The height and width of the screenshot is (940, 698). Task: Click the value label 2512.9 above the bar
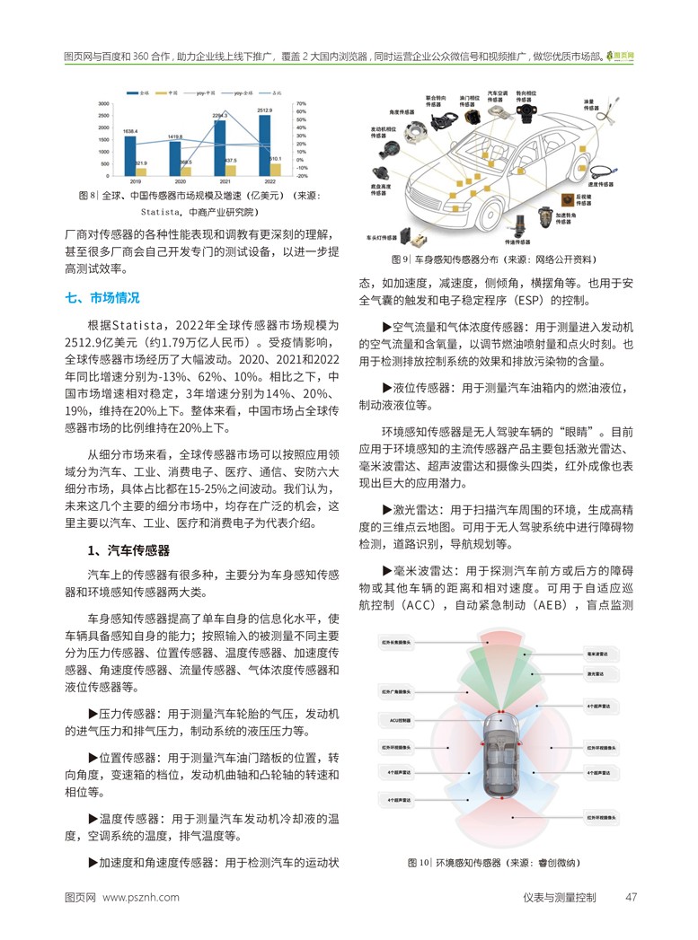pyautogui.click(x=265, y=110)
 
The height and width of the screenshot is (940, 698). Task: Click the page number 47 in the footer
pyautogui.click(x=632, y=897)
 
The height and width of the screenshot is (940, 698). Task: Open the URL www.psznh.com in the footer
pyautogui.click(x=141, y=897)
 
